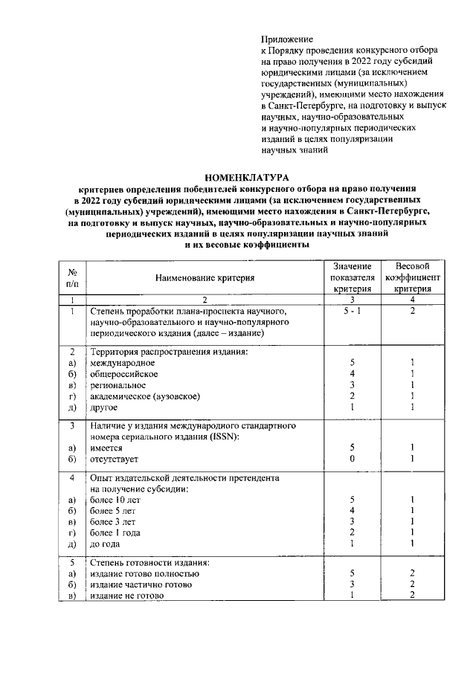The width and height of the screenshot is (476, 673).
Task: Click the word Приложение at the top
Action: (287, 38)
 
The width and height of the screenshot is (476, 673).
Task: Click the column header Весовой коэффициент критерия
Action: (413, 277)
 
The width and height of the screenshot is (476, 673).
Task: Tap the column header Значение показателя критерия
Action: (352, 277)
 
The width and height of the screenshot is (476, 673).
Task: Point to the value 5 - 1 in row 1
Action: (352, 311)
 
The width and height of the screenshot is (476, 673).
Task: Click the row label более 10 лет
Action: (115, 500)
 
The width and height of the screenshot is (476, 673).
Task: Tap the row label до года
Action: (106, 544)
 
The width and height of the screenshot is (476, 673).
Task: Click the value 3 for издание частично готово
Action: (352, 585)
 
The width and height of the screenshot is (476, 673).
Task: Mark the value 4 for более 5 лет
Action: (352, 511)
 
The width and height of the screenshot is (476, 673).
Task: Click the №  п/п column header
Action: (73, 277)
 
